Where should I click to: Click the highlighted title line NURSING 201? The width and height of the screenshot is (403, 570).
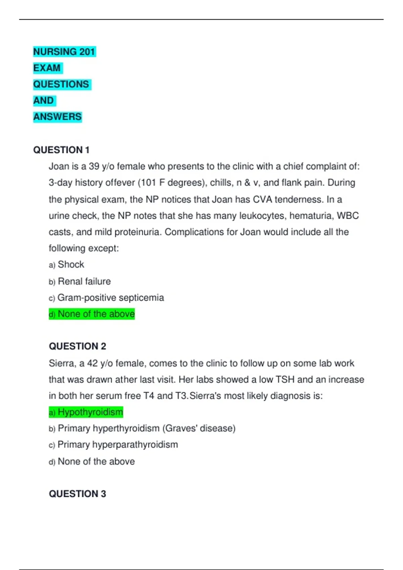coord(64,52)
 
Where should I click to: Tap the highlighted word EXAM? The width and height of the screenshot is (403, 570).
coord(47,68)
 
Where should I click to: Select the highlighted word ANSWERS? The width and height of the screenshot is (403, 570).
coord(57,117)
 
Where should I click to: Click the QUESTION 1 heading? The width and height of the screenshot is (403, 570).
coord(61,150)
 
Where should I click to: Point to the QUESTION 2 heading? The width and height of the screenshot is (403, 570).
coord(77,346)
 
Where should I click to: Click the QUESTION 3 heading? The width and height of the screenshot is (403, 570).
coord(77,494)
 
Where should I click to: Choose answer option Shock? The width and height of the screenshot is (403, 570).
coord(71,265)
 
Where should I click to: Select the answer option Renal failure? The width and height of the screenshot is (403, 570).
coord(84,281)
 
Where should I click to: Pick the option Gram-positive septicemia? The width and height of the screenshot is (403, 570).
coord(110,297)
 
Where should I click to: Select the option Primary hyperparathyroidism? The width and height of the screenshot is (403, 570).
coord(118,445)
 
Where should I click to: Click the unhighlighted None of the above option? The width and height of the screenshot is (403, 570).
coord(96,461)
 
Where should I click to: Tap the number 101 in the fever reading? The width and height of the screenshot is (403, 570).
coord(148,183)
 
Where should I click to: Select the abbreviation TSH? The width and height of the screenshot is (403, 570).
coord(285,380)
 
